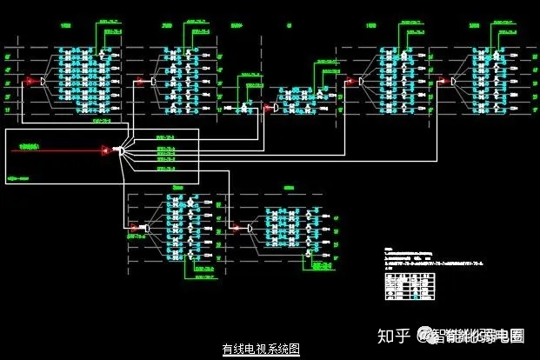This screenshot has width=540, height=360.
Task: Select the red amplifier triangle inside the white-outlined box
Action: [105, 150]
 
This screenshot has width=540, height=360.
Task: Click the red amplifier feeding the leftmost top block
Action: [30, 82]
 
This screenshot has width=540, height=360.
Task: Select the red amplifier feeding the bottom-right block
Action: [237, 228]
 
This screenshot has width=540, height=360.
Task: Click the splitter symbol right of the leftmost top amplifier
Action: [43, 82]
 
